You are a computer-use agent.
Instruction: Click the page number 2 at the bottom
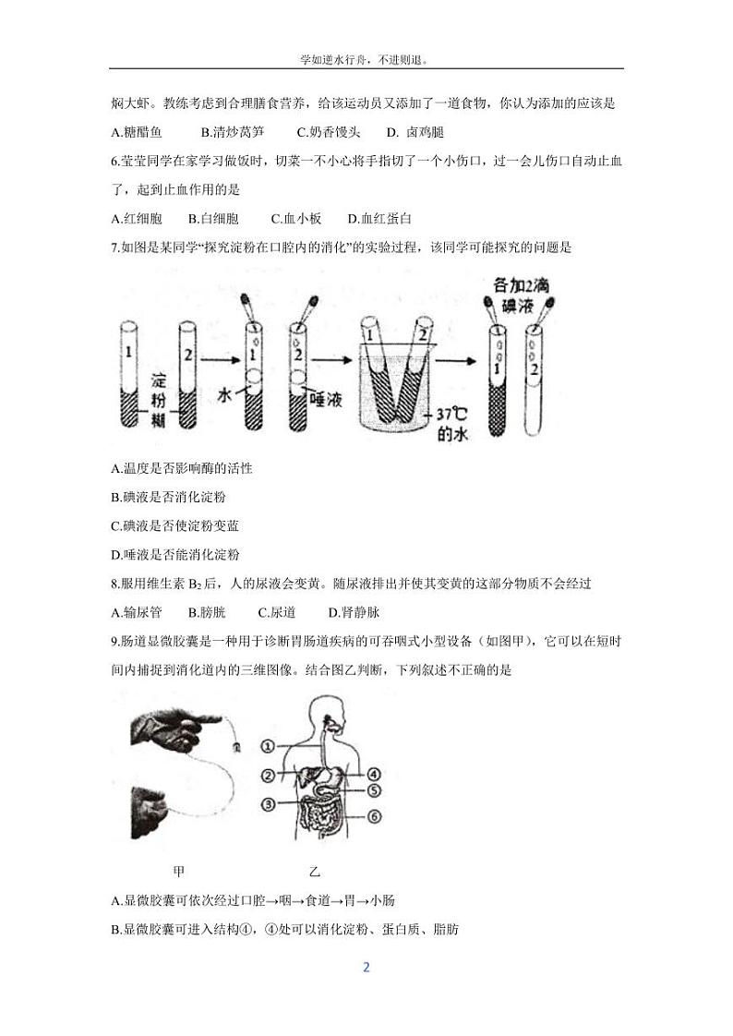pyautogui.click(x=366, y=968)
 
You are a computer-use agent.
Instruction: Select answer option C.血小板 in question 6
pyautogui.click(x=295, y=219)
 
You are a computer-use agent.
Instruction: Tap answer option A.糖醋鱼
pyautogui.click(x=136, y=132)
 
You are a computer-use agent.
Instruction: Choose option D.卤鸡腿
pyautogui.click(x=415, y=132)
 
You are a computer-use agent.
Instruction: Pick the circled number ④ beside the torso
pyautogui.click(x=374, y=774)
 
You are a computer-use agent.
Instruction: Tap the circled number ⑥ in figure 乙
pyautogui.click(x=374, y=816)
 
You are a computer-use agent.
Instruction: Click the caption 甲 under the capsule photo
pyautogui.click(x=178, y=871)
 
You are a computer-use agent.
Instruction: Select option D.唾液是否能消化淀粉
pyautogui.click(x=174, y=555)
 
